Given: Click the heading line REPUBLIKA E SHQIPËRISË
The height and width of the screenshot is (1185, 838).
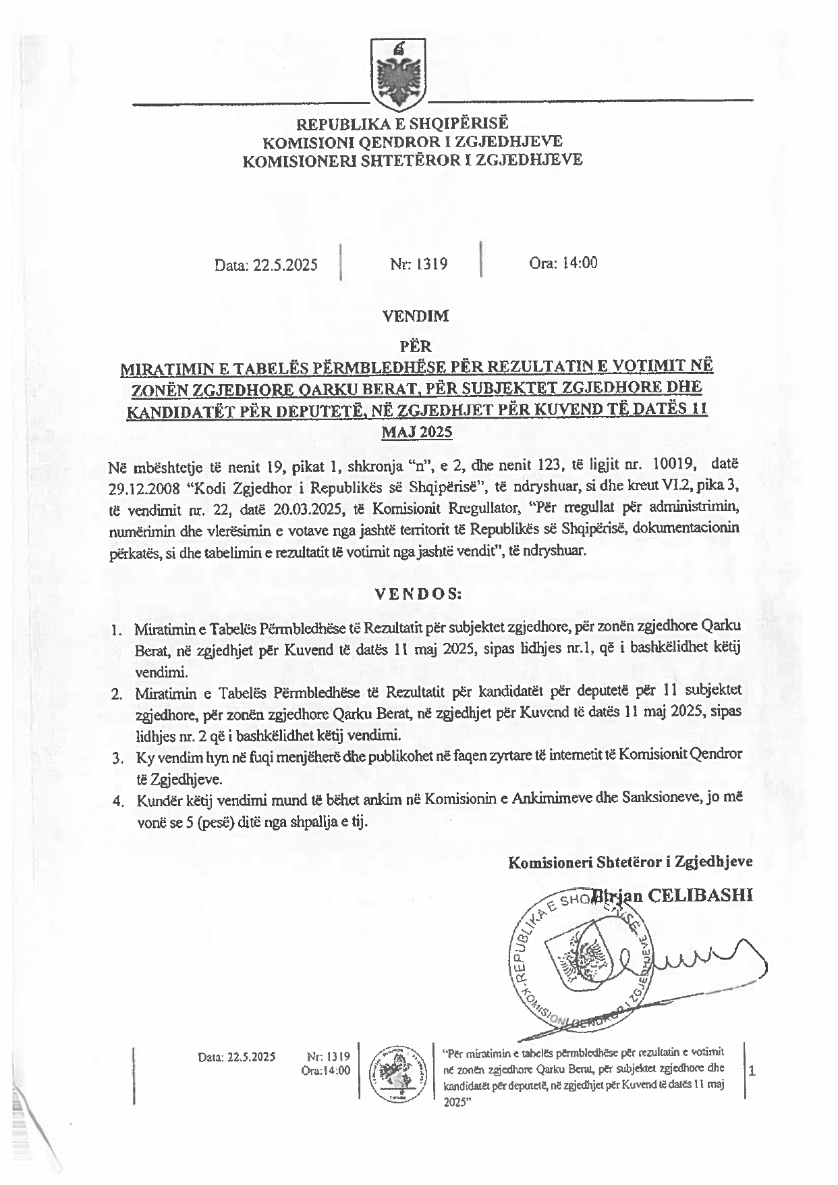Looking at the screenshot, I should (x=403, y=124).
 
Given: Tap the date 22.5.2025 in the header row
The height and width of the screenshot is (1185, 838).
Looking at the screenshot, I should (x=266, y=264).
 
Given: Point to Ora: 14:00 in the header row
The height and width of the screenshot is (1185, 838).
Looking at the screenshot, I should (x=563, y=263).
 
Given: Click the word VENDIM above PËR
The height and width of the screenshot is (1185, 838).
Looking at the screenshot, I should (x=416, y=315).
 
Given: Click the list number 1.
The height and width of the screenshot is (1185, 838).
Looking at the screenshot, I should (x=117, y=631).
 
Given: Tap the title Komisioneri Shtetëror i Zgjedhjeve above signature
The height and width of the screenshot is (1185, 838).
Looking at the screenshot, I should (x=630, y=862).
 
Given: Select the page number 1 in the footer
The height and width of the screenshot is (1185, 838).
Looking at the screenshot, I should (x=752, y=1070).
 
